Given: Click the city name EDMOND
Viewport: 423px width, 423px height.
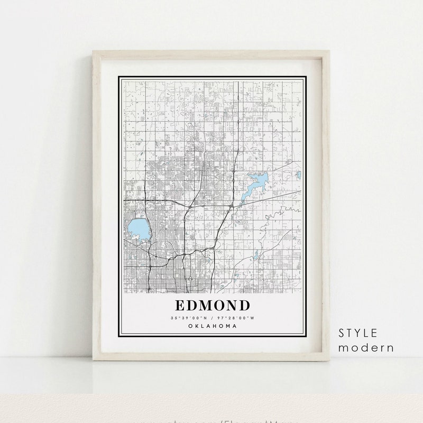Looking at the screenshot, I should (x=212, y=306).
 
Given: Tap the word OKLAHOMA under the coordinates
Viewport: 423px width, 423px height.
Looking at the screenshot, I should (x=212, y=326).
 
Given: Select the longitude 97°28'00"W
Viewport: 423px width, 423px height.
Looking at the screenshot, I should (x=235, y=317).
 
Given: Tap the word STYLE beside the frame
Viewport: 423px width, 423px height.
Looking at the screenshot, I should (x=358, y=333).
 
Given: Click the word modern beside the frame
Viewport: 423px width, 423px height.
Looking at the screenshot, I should (x=366, y=347).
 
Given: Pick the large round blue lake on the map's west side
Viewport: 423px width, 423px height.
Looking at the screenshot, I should (x=137, y=229).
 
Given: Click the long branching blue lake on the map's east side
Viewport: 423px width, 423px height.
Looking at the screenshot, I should (x=255, y=187).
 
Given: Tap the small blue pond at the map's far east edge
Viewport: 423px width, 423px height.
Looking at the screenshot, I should (x=299, y=174).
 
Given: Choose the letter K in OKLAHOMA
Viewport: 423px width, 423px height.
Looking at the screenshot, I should (x=196, y=326).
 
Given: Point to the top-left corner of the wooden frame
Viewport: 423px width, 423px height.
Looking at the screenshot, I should (x=93, y=51).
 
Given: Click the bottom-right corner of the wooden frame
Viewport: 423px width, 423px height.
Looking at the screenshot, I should (x=330, y=361).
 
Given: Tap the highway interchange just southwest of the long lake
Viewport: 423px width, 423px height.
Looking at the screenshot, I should (x=231, y=205).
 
